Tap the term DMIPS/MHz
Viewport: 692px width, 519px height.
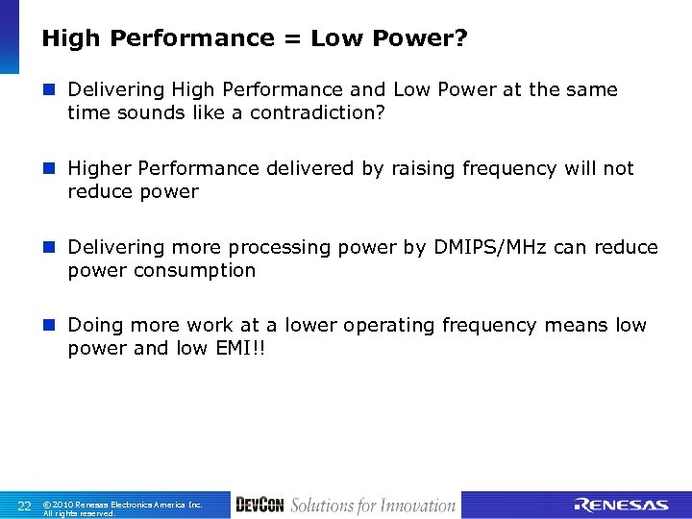pos(487,247)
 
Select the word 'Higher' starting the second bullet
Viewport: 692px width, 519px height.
pos(100,168)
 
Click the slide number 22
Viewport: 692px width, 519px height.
pos(25,506)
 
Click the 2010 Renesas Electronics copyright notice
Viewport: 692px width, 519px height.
pos(122,507)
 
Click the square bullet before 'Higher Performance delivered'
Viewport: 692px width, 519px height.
pos(51,168)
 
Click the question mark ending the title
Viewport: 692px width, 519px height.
pos(461,38)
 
